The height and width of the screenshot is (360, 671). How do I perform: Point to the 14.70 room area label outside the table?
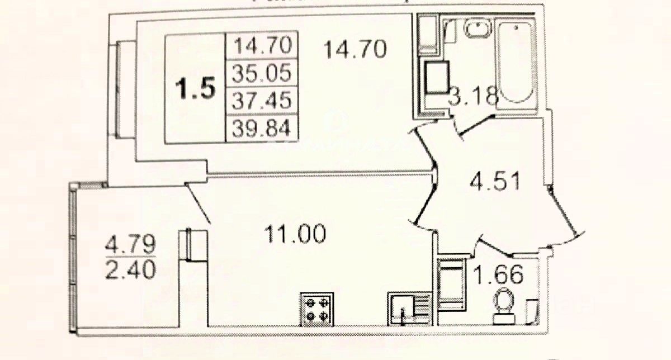pyautogui.click(x=355, y=50)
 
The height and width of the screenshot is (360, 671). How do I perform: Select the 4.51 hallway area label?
pyautogui.click(x=495, y=182)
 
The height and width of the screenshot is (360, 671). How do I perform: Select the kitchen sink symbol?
pyautogui.click(x=408, y=309)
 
